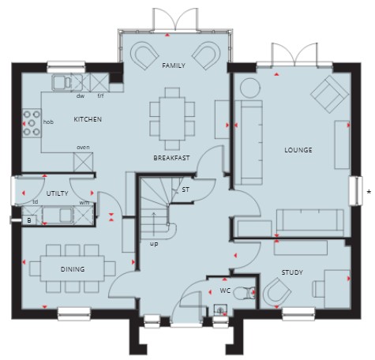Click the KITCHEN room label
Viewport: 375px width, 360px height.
88,119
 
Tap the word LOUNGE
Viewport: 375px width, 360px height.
298,150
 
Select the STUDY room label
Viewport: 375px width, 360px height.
292,272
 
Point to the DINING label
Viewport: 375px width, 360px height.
73,269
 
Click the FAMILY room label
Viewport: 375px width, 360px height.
174,66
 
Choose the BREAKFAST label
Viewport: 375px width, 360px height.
171,158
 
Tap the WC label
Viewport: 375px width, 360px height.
225,291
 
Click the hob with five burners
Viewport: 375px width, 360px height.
32,123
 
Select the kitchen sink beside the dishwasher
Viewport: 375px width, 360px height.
62,82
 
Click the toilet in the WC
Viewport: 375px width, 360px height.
244,293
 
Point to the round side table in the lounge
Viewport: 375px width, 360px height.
250,88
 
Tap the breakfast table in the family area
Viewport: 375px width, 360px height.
172,119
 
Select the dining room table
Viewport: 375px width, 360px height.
73,268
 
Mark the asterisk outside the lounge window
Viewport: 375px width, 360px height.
369,192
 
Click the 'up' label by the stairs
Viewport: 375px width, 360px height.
154,244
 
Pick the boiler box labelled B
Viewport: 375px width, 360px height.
29,220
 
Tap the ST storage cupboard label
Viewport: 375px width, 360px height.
186,189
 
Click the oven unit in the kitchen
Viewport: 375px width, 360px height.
83,162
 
